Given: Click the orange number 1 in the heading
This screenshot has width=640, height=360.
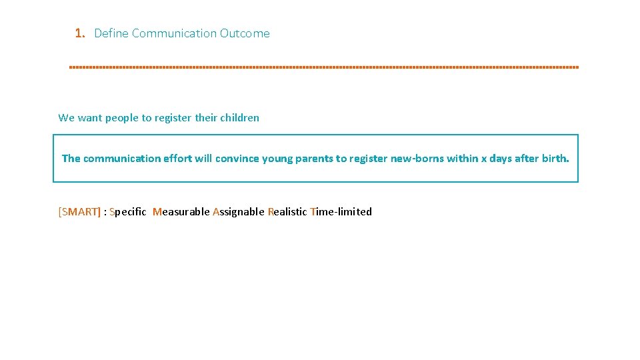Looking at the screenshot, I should [x=79, y=33].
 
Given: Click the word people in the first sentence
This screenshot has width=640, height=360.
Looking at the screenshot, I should [x=121, y=118].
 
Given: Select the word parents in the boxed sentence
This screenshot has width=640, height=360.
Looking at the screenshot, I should [x=314, y=159].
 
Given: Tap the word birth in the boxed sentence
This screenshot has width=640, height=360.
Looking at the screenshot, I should [x=555, y=159].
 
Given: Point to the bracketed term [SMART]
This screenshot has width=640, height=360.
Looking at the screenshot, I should [x=79, y=212].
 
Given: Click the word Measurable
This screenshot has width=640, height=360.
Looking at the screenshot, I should [x=181, y=212].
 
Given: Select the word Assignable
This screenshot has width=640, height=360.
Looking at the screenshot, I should [x=238, y=212].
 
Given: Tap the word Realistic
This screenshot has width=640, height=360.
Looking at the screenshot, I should [x=287, y=212].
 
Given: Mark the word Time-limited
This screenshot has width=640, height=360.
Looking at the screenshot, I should [x=341, y=212].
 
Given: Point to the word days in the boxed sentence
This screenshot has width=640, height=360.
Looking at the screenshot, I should [x=501, y=159].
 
